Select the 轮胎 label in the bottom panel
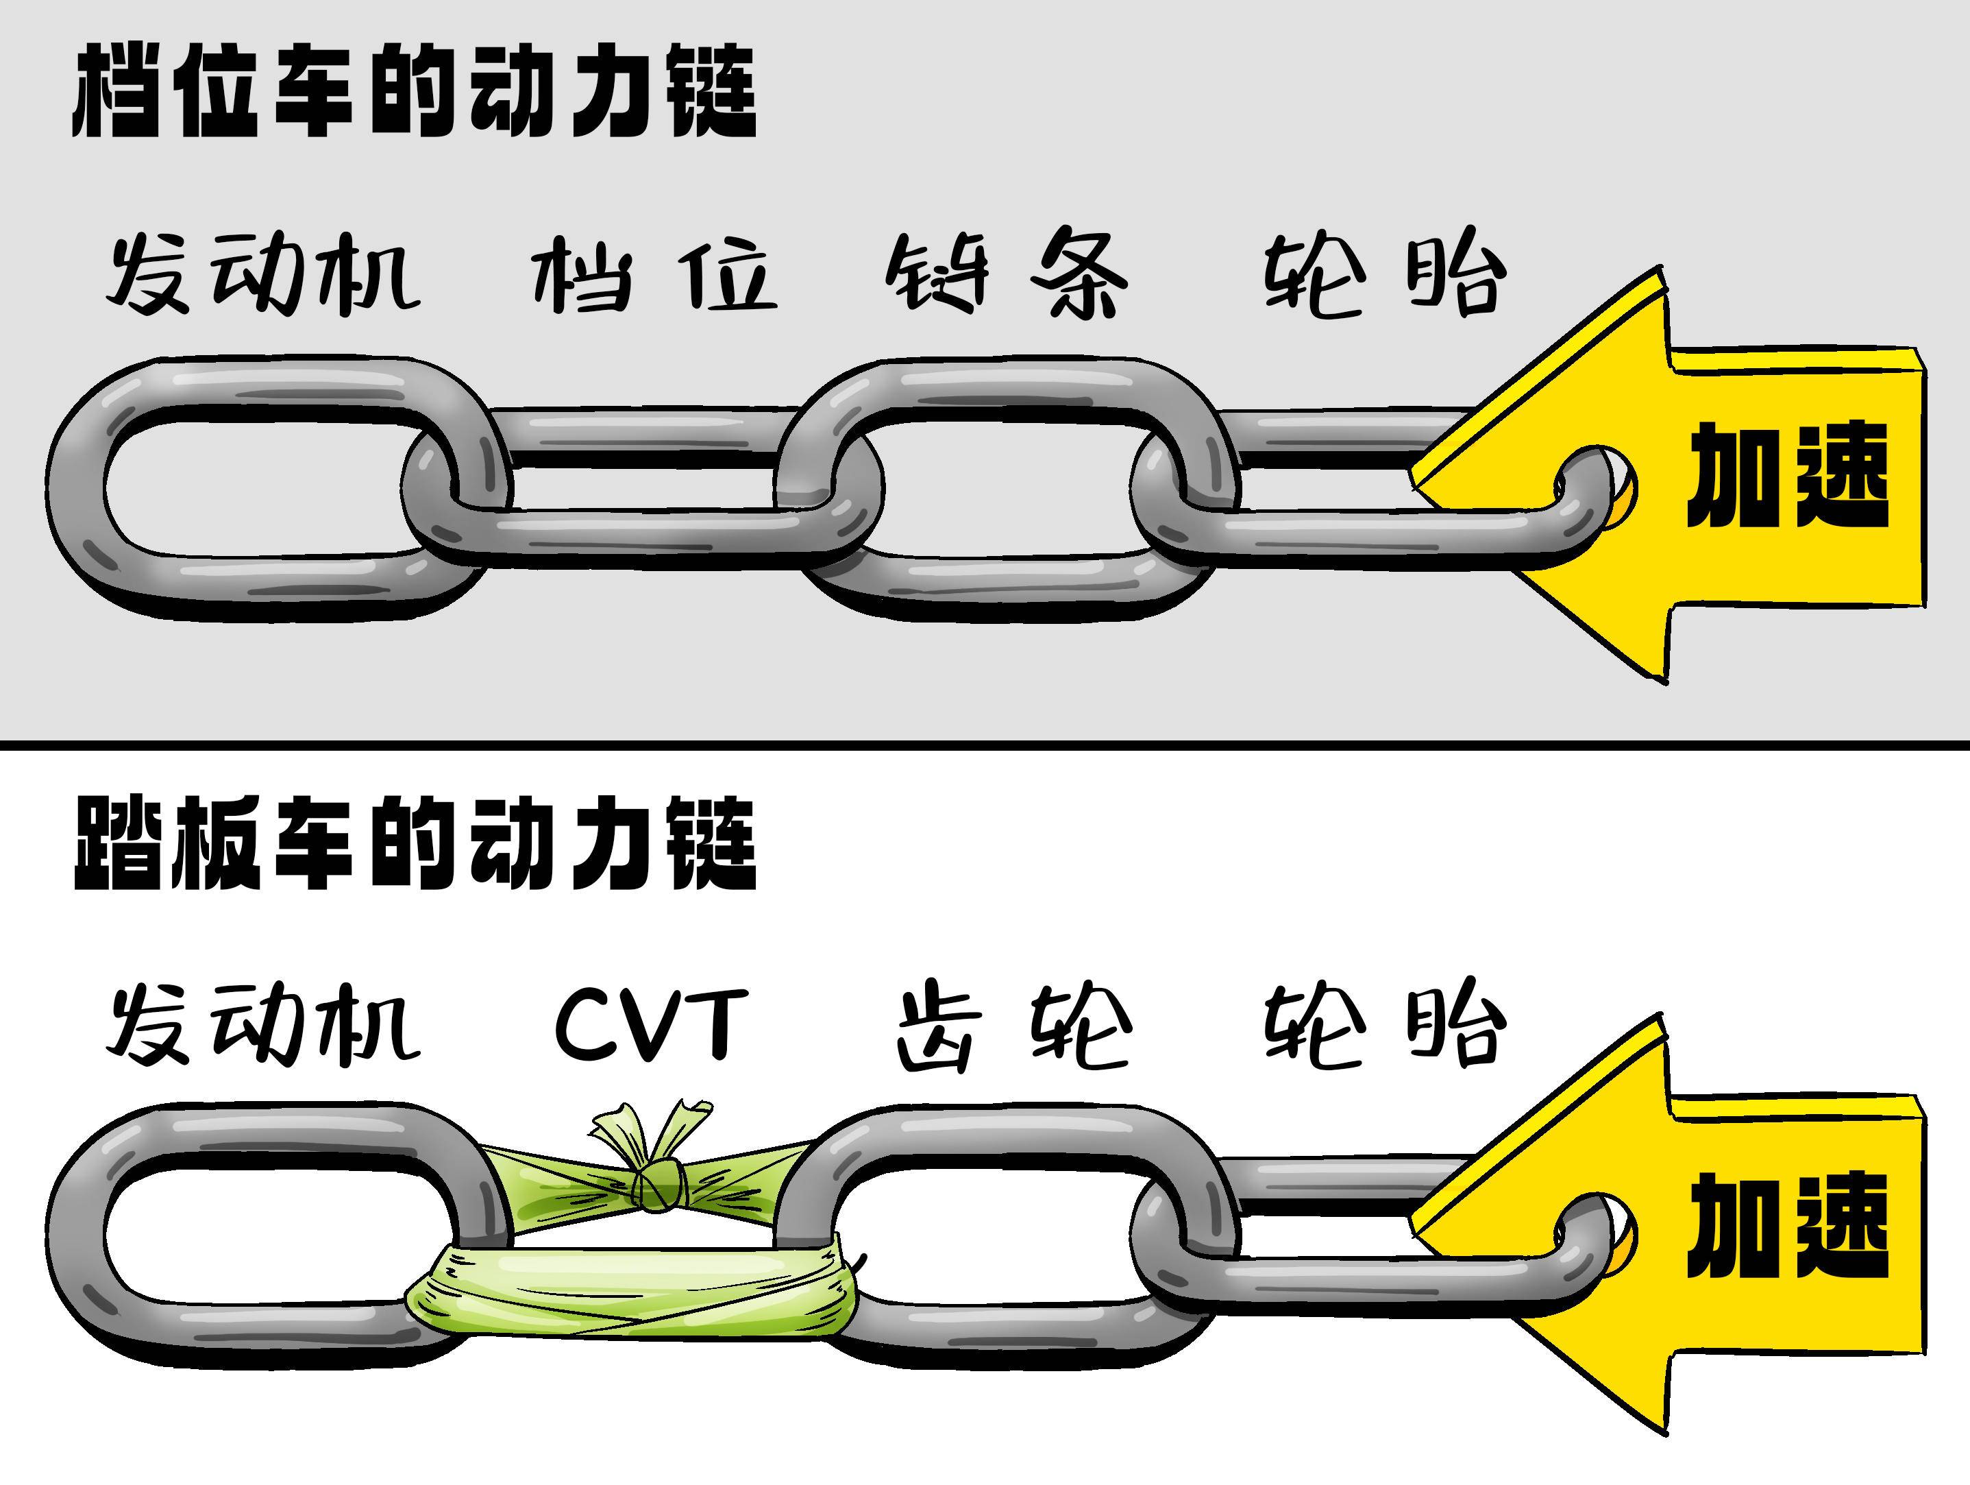[x=1384, y=1024]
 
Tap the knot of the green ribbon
[x=657, y=1185]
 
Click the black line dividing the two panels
[x=985, y=744]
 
